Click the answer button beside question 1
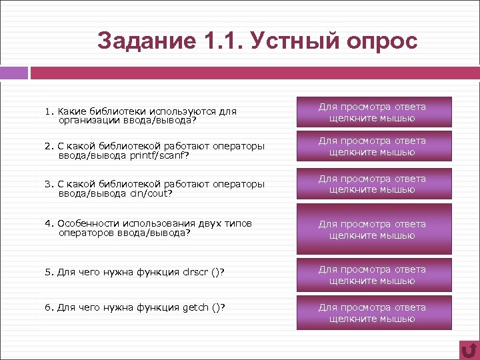[x=372, y=112]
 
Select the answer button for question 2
[x=372, y=147]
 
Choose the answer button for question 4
[x=372, y=229]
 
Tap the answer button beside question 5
[x=372, y=275]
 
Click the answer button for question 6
[x=372, y=313]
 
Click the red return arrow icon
[x=469, y=350]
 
